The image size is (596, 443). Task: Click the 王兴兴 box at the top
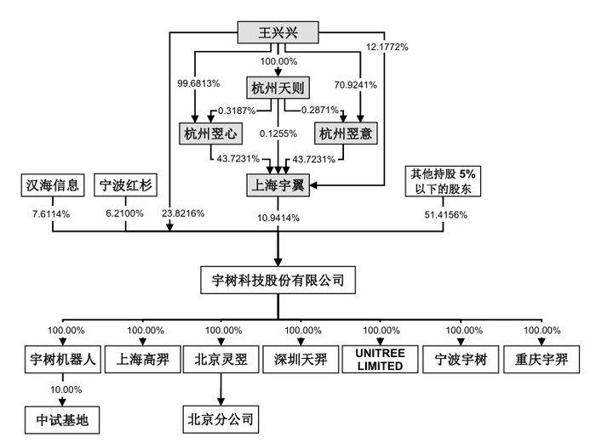point(278,32)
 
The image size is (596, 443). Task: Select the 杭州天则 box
point(278,88)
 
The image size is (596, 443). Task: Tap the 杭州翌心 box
point(210,133)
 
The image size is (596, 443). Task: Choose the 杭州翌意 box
point(346,133)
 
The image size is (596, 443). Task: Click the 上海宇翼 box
point(278,185)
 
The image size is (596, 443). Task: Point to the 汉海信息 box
point(53,185)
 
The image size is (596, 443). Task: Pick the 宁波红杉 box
point(125,185)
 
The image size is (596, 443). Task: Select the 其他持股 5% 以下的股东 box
point(443,181)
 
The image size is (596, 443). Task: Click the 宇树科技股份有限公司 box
point(278,280)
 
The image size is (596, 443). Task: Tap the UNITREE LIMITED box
point(380,359)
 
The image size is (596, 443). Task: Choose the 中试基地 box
point(62,420)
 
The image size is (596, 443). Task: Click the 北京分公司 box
point(221,419)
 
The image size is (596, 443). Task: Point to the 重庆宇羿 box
point(542,359)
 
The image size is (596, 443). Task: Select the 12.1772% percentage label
point(387,47)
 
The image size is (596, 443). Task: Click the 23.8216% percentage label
point(183,213)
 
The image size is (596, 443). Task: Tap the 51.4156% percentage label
point(445,215)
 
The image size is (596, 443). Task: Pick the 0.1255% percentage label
point(278,133)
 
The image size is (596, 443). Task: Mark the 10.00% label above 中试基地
point(66,389)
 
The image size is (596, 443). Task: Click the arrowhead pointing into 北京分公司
point(221,401)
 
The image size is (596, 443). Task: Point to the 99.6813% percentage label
point(198,83)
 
